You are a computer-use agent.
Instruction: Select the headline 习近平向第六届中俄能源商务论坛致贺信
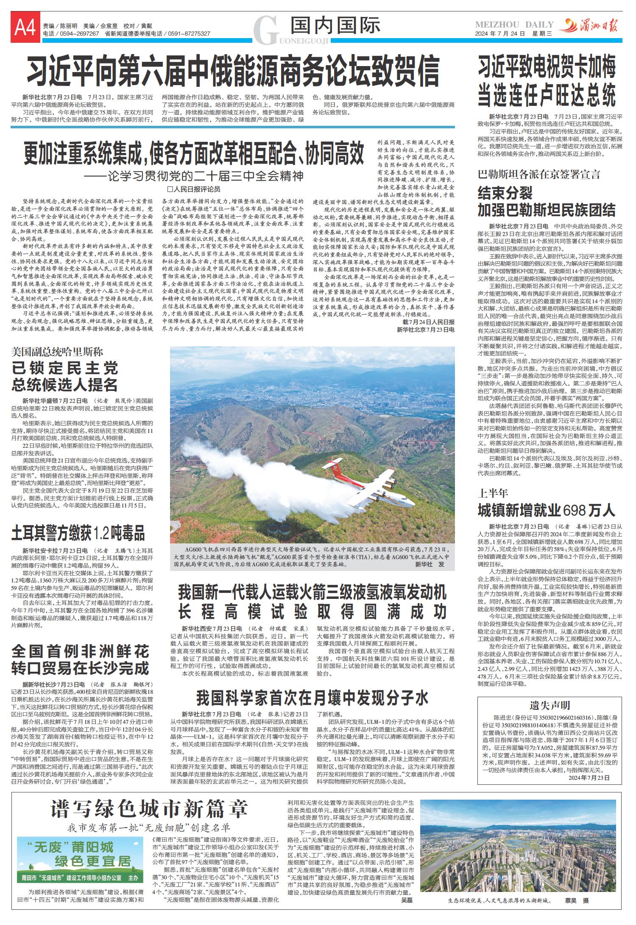click(233, 70)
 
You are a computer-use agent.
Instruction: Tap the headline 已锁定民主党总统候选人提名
click(64, 377)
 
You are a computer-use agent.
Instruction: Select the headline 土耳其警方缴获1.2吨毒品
click(78, 533)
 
